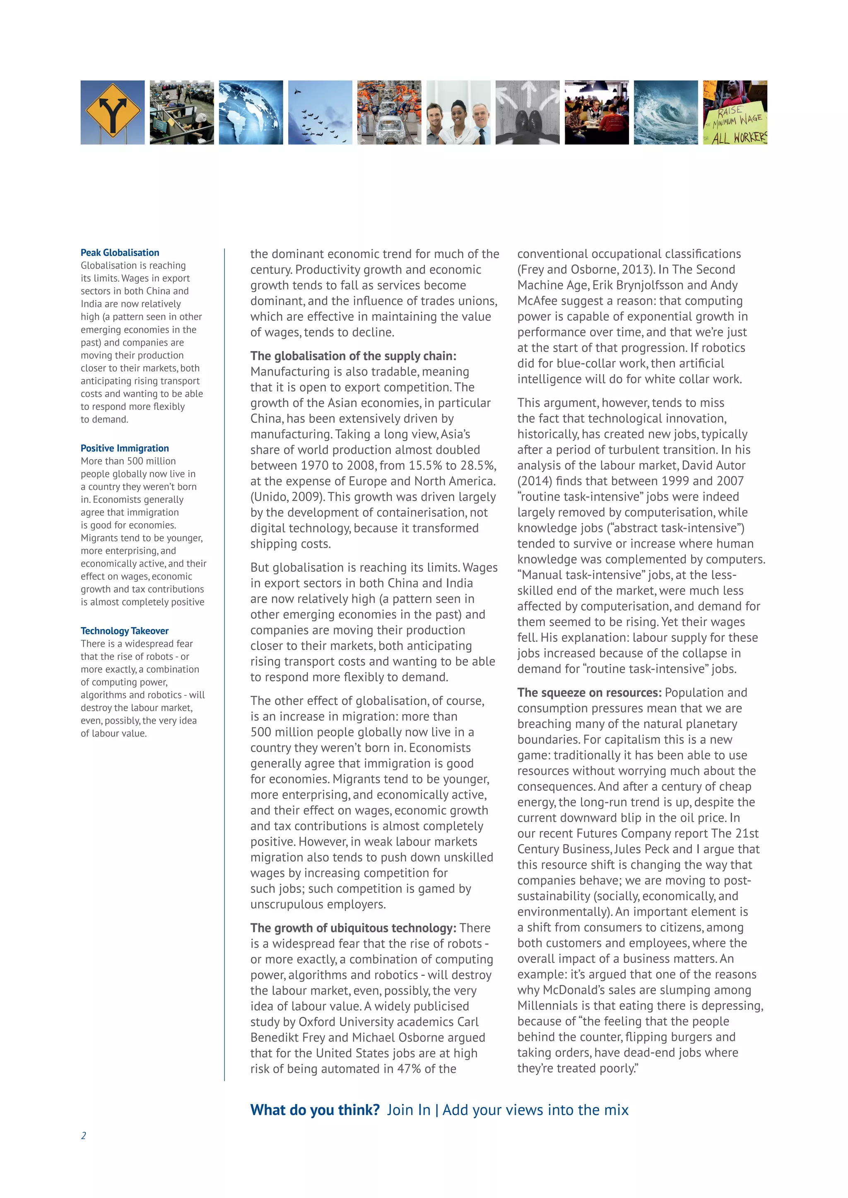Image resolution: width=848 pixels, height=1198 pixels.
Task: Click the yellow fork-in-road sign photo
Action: click(x=112, y=112)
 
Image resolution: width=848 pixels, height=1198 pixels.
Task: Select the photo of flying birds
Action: click(x=320, y=112)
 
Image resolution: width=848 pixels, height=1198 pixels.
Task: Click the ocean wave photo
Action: click(x=666, y=112)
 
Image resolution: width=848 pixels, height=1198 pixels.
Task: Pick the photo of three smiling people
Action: click(x=458, y=112)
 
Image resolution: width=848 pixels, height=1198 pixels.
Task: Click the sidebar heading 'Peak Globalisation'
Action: click(x=120, y=252)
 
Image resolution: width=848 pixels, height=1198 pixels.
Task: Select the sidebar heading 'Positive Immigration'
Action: click(x=125, y=448)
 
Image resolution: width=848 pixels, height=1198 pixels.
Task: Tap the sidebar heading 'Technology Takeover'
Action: click(x=125, y=631)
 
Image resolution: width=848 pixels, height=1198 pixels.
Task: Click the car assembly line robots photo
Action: click(x=389, y=112)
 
